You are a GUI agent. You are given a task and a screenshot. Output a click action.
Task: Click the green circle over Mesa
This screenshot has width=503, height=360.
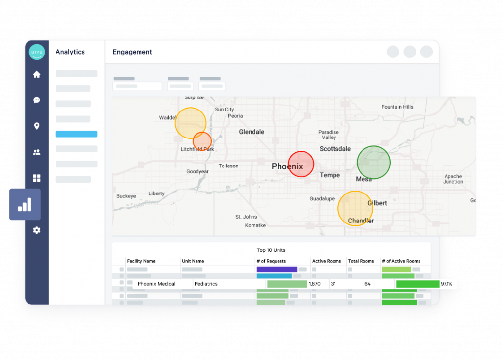point(373,162)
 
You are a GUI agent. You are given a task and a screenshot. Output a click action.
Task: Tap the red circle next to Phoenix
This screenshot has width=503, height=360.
point(301,164)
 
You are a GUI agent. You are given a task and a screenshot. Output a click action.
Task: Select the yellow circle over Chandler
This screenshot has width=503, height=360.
point(355,208)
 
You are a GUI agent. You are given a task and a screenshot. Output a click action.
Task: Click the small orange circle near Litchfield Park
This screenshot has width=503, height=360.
point(202,141)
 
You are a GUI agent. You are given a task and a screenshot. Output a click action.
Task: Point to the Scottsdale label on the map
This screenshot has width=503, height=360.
point(335,149)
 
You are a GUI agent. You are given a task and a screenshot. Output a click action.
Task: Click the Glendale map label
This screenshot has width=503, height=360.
point(251,132)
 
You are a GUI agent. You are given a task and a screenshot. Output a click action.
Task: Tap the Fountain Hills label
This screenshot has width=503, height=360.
point(397,107)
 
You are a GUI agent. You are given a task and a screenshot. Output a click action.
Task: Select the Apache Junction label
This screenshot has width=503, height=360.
point(453,179)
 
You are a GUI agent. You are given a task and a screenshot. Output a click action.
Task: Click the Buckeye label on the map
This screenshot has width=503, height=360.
point(126,196)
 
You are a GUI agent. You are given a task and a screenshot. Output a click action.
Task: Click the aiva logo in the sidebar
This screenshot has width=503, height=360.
point(37,52)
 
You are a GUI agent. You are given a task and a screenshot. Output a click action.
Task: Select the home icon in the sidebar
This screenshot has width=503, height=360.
point(37,75)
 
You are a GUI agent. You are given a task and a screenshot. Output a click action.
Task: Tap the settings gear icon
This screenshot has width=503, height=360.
point(37,230)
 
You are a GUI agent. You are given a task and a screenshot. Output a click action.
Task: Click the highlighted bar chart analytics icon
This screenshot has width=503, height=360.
point(25,204)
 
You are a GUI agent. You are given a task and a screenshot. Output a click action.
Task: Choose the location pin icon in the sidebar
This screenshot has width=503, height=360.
point(37,126)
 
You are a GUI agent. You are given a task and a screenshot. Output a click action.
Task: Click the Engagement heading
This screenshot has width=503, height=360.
point(132,52)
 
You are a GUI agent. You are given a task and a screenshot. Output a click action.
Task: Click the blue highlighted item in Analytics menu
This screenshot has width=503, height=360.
point(76,134)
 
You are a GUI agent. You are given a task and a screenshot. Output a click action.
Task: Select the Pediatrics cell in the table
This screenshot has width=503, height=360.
point(205,284)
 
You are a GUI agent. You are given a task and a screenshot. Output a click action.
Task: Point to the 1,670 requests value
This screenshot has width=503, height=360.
point(314,284)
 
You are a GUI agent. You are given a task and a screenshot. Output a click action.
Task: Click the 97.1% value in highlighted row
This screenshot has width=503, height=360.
point(446,284)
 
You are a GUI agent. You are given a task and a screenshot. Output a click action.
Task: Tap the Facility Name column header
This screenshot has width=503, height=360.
point(141,261)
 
